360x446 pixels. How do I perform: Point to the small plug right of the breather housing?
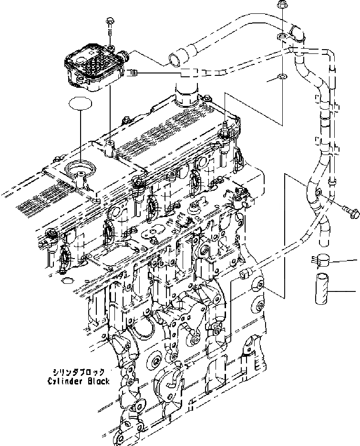click(x=134, y=73)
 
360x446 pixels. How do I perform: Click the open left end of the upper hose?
click(x=172, y=59)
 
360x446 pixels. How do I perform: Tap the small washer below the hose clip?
click(x=282, y=76)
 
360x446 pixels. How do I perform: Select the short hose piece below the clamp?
click(x=322, y=287)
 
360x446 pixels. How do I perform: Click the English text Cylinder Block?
click(x=79, y=381)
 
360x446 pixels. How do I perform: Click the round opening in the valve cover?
click(x=79, y=171)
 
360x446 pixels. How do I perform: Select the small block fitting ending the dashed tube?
click(x=246, y=273)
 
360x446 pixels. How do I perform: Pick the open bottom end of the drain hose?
click(x=327, y=239)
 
